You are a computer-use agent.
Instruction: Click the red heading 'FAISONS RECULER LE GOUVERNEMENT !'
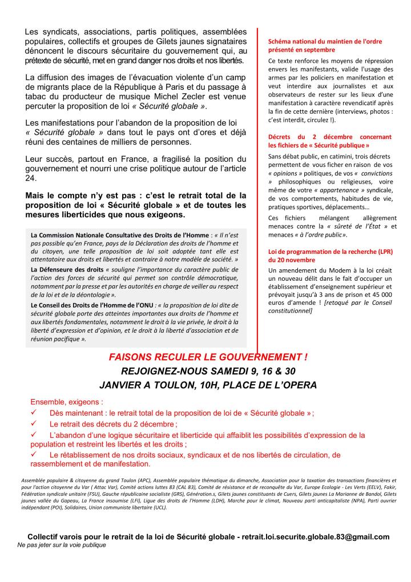click(208, 357)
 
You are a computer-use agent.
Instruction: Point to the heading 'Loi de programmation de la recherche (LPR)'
click(329, 251)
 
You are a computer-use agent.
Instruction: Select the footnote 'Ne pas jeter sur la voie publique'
click(62, 545)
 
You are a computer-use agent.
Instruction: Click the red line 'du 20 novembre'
click(292, 260)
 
